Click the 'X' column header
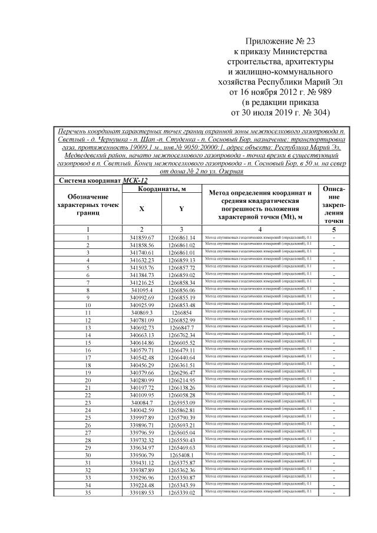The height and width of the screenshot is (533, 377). click(x=141, y=209)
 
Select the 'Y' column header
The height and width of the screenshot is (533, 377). click(x=181, y=209)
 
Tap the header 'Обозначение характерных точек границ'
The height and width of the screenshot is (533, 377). click(x=87, y=203)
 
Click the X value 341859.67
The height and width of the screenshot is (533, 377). click(x=141, y=237)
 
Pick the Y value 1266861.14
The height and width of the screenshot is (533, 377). click(x=181, y=237)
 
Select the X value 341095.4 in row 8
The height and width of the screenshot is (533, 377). click(x=141, y=290)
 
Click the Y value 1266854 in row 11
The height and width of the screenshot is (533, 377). click(x=181, y=312)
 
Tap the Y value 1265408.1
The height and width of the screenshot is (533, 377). click(x=181, y=455)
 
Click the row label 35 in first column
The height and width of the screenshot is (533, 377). click(x=87, y=493)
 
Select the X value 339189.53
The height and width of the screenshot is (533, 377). click(x=141, y=493)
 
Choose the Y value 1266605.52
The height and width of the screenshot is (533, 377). click(x=181, y=343)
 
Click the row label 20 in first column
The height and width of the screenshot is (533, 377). click(x=87, y=380)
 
